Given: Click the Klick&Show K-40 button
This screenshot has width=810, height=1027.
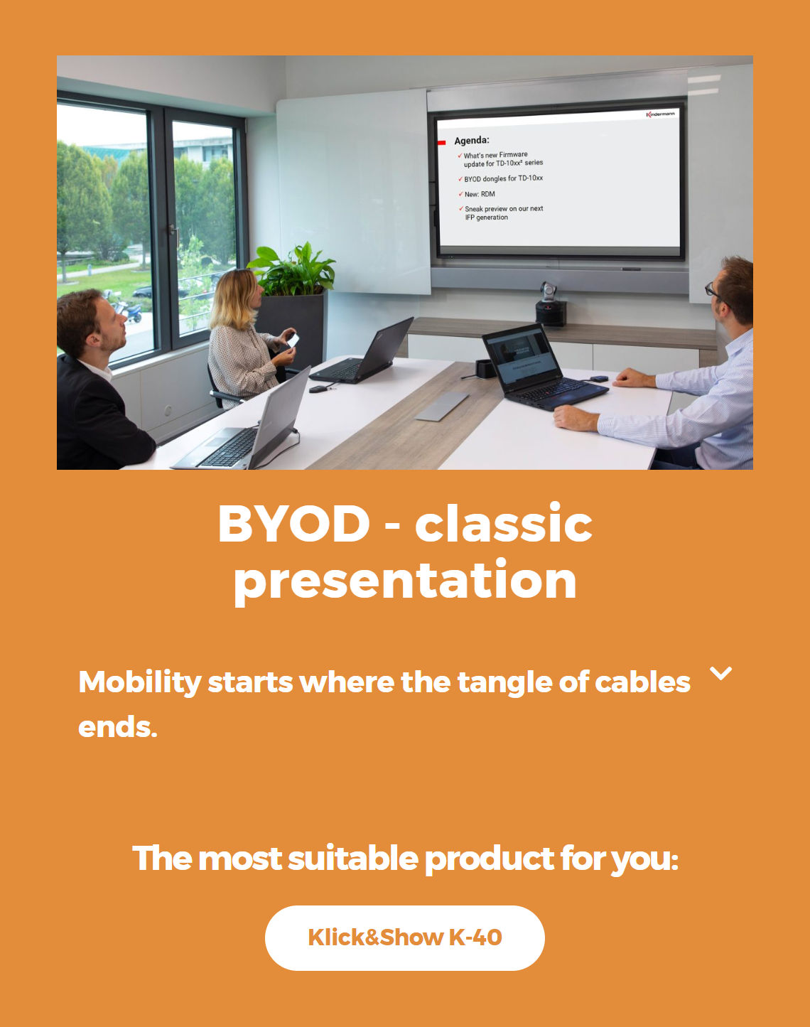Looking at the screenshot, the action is (x=404, y=937).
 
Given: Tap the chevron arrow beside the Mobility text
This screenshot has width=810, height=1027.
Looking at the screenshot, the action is (x=720, y=673).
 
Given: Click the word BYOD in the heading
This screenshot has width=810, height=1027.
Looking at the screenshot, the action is (x=294, y=523).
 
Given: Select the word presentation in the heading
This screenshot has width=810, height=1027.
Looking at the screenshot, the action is (x=405, y=580).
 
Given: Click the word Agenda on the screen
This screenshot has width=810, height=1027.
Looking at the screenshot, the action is (x=471, y=140).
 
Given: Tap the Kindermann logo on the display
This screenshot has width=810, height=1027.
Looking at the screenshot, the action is (x=660, y=114).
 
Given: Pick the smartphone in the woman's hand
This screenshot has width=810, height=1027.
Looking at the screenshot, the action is (x=293, y=340).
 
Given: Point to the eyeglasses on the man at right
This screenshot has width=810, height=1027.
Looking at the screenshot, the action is (x=715, y=290).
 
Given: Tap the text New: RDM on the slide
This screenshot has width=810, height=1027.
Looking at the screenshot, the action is (x=480, y=194).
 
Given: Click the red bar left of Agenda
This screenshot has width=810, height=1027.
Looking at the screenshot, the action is (x=442, y=142).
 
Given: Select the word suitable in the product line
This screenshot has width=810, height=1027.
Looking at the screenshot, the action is (x=353, y=859).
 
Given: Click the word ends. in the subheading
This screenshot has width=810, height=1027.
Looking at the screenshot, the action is (x=117, y=727).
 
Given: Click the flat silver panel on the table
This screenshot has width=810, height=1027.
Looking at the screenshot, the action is (x=441, y=407).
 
